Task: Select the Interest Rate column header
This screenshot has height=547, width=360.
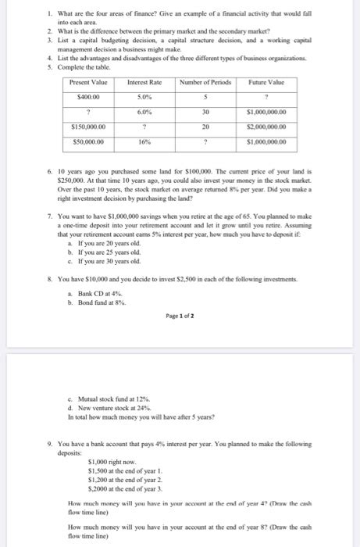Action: [143, 82]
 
